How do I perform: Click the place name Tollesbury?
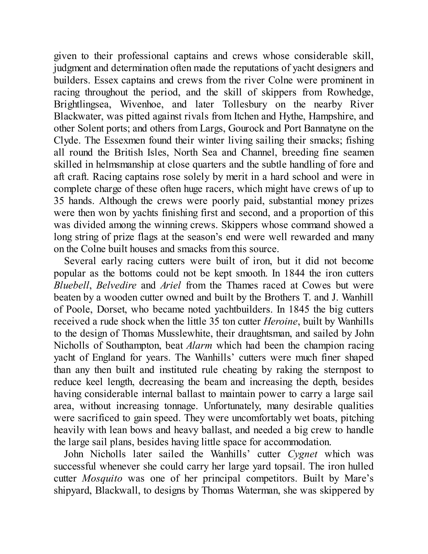tap(244, 104)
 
